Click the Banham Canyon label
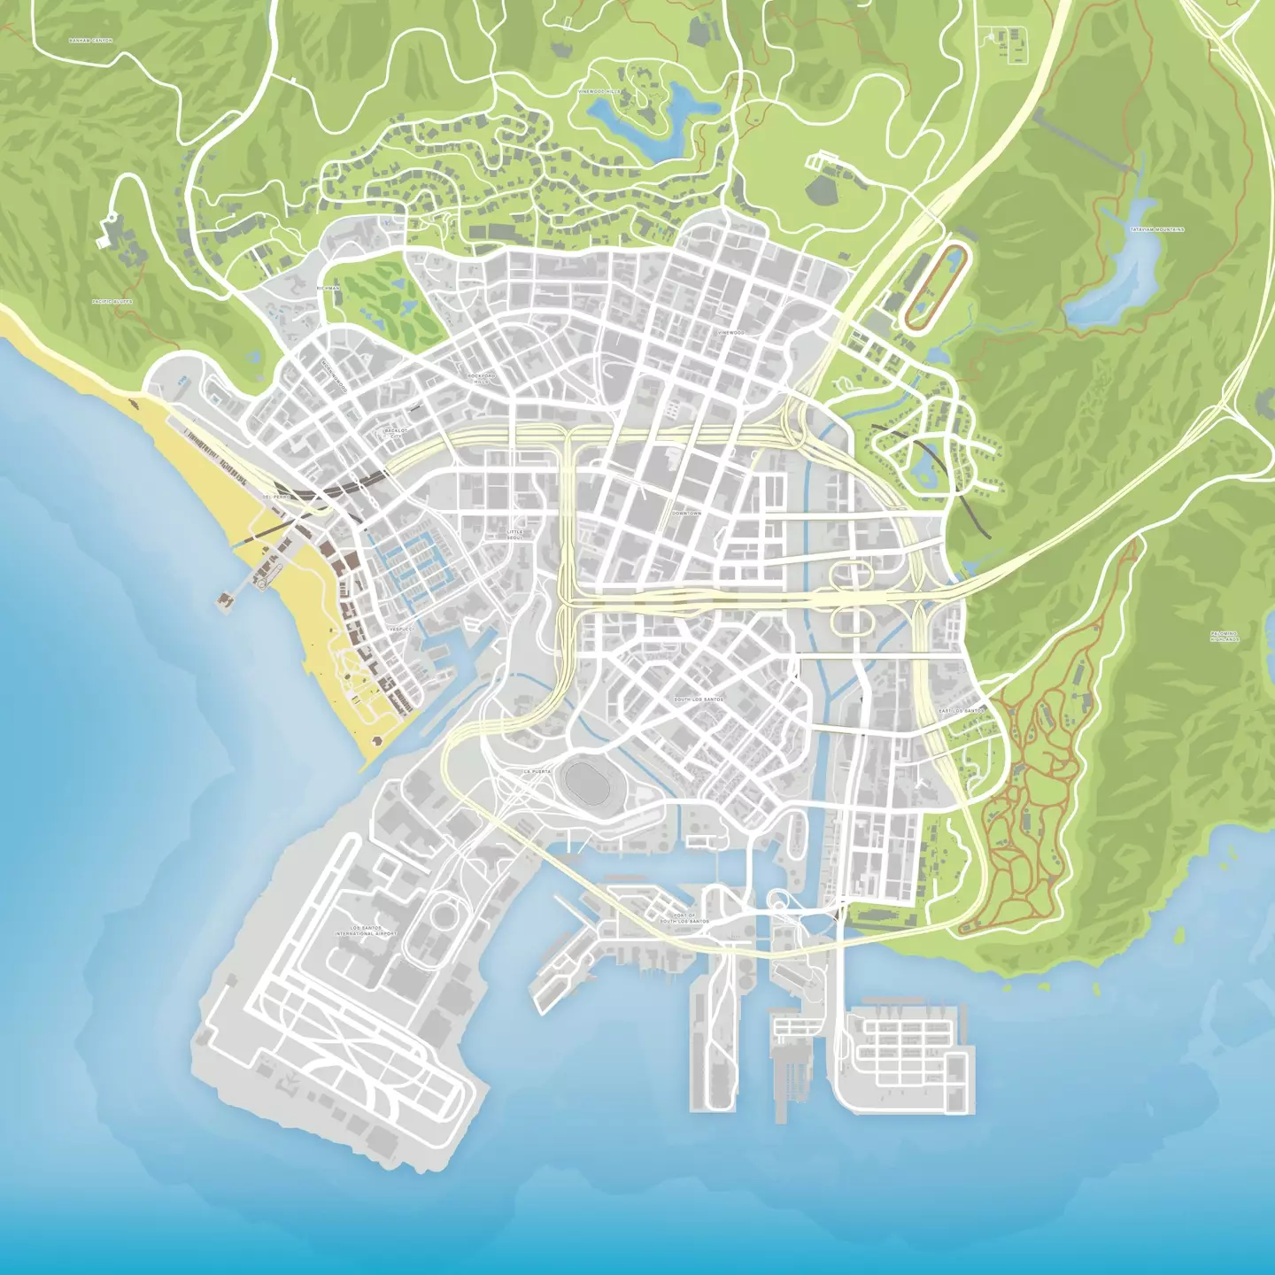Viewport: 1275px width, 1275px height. point(90,41)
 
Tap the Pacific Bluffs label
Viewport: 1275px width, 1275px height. point(112,302)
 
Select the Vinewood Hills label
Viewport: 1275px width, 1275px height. point(599,91)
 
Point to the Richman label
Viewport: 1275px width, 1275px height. point(328,289)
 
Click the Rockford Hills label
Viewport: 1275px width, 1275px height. point(482,378)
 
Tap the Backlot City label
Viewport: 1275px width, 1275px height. point(395,433)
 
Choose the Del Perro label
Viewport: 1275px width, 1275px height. point(275,497)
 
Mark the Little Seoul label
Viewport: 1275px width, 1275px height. point(515,534)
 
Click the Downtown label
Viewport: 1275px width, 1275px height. point(686,514)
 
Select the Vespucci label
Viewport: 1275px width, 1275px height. point(400,628)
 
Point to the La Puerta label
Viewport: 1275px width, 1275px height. point(537,771)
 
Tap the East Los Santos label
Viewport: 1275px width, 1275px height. point(961,711)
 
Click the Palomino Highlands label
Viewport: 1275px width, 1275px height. point(1225,636)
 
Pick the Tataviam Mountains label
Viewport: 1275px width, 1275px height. point(1156,229)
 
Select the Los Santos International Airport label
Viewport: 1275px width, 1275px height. point(366,931)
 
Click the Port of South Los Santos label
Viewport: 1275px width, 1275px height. point(684,918)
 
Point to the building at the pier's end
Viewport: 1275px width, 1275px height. point(224,600)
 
